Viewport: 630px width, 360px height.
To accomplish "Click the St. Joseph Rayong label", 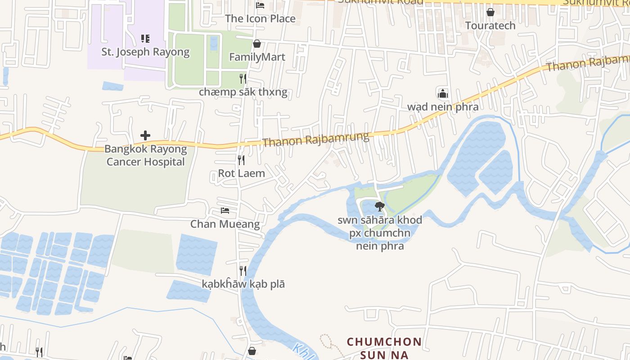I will click(145, 52).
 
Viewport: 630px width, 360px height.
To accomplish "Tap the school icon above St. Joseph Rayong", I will click(145, 39).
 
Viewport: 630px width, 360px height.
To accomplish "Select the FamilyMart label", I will click(257, 57).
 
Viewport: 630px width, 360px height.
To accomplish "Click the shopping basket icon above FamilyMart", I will click(257, 44).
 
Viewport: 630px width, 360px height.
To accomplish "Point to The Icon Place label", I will click(260, 18).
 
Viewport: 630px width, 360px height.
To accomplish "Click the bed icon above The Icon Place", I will click(260, 5).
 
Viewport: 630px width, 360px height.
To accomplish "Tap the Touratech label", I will click(490, 25).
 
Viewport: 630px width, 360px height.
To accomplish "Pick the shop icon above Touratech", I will click(490, 12).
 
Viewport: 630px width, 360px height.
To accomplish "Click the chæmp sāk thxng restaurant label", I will click(243, 92).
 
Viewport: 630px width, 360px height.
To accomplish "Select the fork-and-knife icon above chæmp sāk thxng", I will click(243, 79).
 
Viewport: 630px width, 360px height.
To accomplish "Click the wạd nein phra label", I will click(443, 107).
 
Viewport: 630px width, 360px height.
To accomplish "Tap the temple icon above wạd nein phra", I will click(443, 94).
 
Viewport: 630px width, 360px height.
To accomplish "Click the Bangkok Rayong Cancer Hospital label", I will click(145, 155).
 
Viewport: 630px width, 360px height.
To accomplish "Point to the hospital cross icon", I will click(145, 135).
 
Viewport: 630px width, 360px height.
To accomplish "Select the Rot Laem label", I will click(242, 173).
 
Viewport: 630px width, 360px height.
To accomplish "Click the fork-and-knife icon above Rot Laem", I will click(242, 160).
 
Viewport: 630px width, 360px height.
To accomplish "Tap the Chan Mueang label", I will click(225, 224).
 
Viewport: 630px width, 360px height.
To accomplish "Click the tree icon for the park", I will click(380, 207).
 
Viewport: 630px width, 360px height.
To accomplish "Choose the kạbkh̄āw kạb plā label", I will click(243, 284).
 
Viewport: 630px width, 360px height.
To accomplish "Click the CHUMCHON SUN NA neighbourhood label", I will click(384, 348).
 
